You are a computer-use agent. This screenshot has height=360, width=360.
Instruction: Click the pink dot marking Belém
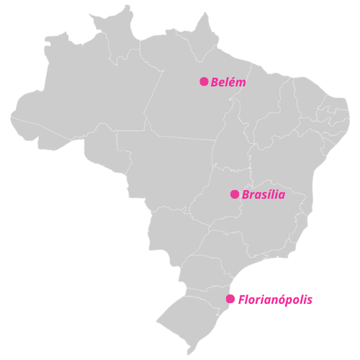[204, 81]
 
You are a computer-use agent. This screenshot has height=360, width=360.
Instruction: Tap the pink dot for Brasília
[235, 194]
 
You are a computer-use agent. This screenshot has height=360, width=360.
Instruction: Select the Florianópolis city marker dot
[230, 299]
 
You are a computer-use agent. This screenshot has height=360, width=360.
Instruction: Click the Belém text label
[228, 82]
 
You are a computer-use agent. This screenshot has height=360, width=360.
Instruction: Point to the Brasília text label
[264, 195]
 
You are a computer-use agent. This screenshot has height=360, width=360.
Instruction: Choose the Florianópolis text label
[275, 300]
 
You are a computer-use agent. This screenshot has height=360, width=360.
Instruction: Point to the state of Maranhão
[263, 108]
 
